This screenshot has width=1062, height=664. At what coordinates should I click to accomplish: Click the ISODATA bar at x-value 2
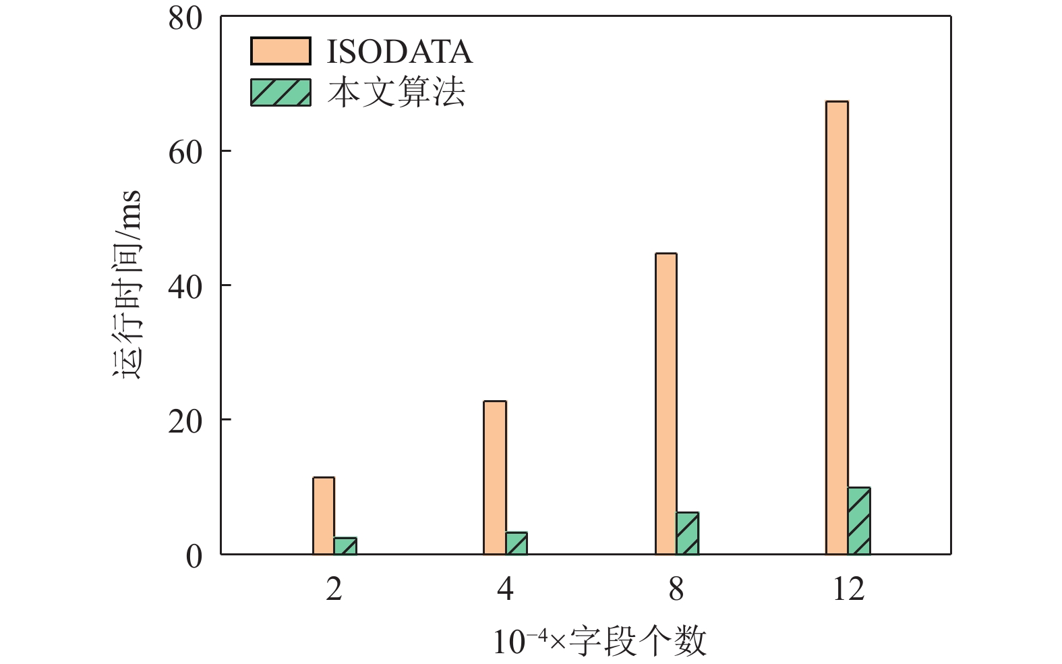(324, 516)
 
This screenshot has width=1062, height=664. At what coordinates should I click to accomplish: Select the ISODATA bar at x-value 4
(495, 478)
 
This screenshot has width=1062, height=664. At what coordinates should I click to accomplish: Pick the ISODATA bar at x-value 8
(666, 404)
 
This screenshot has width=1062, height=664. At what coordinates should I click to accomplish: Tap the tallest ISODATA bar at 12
(837, 327)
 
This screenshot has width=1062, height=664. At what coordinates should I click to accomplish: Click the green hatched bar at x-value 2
(345, 546)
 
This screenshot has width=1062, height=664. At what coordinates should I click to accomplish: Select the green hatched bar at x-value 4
(517, 543)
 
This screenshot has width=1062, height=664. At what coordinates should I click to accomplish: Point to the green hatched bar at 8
(688, 533)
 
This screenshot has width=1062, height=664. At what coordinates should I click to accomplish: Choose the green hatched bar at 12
(859, 521)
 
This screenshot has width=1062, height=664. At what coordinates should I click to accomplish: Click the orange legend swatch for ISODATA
(281, 51)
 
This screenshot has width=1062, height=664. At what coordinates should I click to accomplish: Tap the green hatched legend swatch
(281, 92)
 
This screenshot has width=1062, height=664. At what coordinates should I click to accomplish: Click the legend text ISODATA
(399, 52)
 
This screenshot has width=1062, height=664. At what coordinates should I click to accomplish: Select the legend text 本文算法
(396, 92)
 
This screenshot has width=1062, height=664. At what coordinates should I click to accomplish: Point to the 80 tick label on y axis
(185, 19)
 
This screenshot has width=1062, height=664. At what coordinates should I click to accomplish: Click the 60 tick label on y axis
(185, 153)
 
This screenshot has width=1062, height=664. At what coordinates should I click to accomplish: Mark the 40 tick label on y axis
(185, 287)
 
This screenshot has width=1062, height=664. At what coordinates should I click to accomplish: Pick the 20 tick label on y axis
(185, 421)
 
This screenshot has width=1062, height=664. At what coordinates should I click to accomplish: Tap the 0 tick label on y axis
(194, 556)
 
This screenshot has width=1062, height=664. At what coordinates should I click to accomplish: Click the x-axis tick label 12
(848, 589)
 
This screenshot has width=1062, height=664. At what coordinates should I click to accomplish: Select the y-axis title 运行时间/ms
(127, 284)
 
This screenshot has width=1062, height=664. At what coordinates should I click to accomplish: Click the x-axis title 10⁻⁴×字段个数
(599, 642)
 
